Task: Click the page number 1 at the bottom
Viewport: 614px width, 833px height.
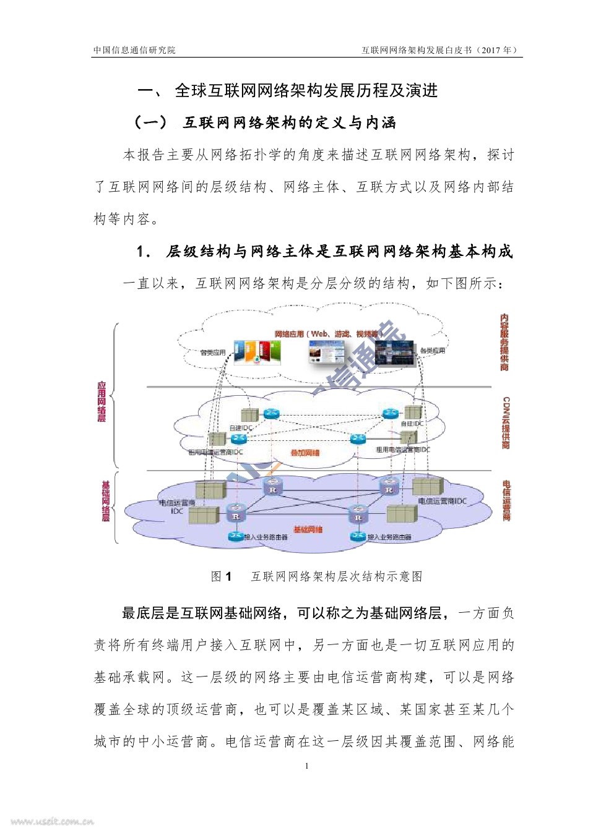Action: click(307, 766)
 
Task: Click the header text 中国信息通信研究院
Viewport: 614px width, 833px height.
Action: click(134, 50)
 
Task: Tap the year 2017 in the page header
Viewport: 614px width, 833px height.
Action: click(492, 50)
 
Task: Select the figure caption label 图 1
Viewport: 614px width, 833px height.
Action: click(221, 576)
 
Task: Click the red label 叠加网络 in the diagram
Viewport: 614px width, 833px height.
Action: click(305, 453)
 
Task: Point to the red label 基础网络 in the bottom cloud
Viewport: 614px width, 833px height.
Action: click(308, 529)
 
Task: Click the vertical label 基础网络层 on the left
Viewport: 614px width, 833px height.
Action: click(105, 501)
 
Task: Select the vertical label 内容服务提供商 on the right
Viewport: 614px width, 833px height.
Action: click(505, 342)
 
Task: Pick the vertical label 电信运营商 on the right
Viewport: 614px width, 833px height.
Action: click(507, 500)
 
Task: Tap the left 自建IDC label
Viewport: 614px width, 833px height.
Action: click(241, 428)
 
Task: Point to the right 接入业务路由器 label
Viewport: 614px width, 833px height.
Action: click(389, 537)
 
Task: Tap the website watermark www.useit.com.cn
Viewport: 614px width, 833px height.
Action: click(52, 822)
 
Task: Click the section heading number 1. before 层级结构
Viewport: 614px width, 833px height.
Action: click(144, 252)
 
